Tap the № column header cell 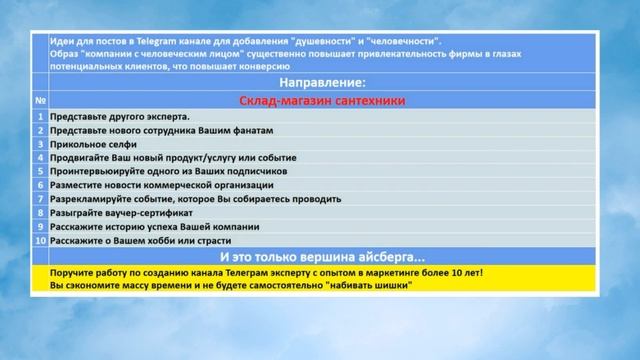pyautogui.click(x=40, y=100)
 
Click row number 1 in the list pyautogui.click(x=40, y=116)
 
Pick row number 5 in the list pyautogui.click(x=40, y=171)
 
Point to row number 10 pyautogui.click(x=40, y=240)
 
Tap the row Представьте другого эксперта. pyautogui.click(x=119, y=116)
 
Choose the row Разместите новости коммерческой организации pyautogui.click(x=160, y=185)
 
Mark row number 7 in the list pyautogui.click(x=40, y=199)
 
